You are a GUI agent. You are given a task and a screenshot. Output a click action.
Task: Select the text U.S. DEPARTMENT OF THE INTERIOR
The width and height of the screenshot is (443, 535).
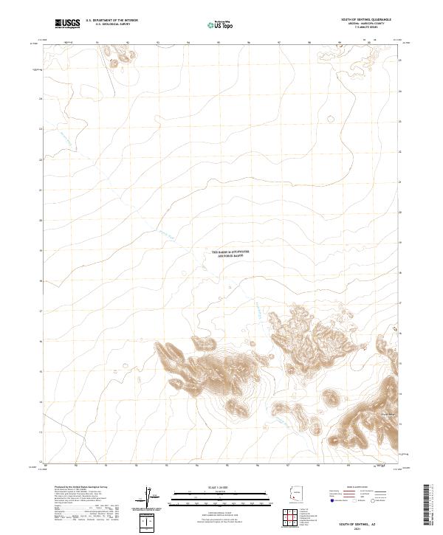coord(111,21)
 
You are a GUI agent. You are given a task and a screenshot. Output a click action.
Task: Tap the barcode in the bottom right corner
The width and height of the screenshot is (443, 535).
coord(427,505)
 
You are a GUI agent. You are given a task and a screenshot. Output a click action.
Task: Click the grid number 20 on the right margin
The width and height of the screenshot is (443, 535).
coord(399,211)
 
